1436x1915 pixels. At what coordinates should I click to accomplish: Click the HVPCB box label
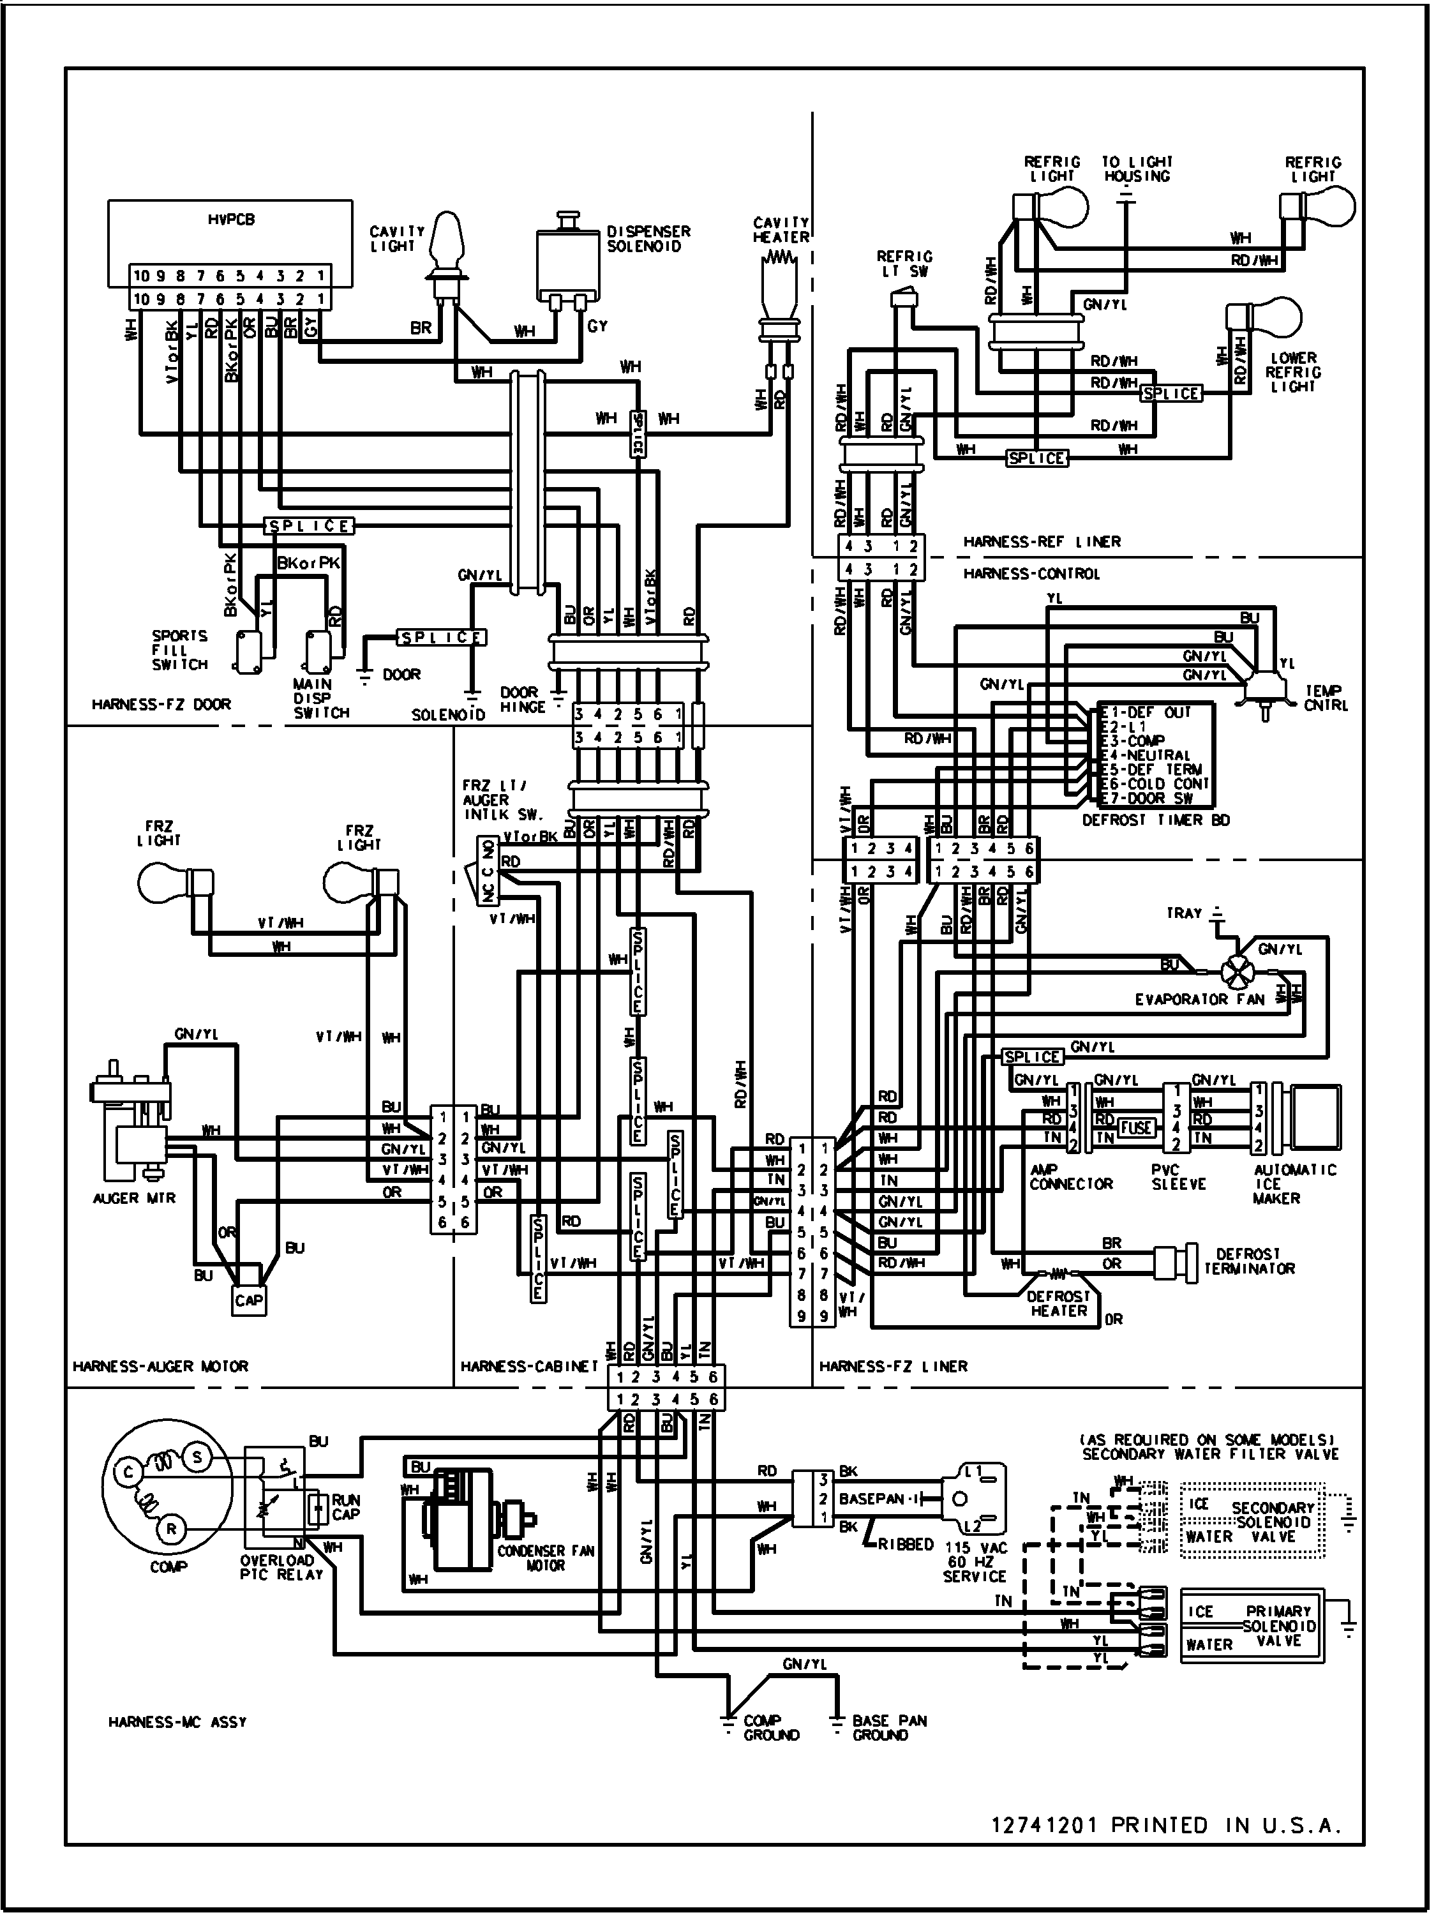point(230,220)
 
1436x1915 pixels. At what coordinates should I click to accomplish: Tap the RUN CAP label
point(346,1507)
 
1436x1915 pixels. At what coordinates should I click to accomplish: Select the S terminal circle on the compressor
point(197,1458)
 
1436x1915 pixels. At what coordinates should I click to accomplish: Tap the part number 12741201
point(1045,1825)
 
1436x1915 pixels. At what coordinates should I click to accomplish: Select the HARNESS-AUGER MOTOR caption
point(160,1366)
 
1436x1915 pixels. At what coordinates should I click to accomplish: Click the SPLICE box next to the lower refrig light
point(1171,394)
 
